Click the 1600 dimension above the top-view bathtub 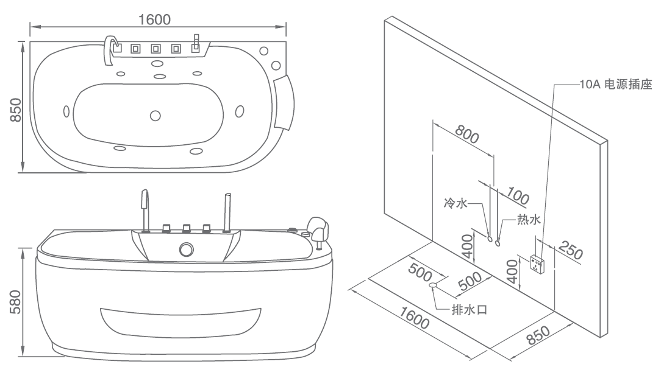click(154, 19)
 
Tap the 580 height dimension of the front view click(16, 302)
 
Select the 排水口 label click(468, 309)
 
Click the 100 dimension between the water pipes click(517, 196)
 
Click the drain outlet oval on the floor click(434, 284)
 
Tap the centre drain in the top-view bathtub click(154, 115)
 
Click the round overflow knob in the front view click(186, 250)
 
